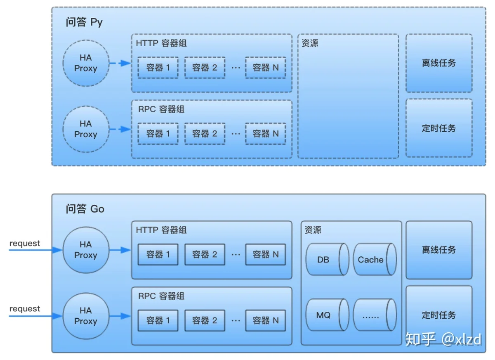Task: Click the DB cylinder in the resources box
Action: point(327,259)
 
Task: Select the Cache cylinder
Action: point(375,259)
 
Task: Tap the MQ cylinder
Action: point(327,315)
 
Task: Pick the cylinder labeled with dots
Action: point(375,315)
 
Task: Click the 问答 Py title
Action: point(84,22)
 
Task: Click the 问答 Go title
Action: point(85,209)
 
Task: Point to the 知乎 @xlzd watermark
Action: point(443,339)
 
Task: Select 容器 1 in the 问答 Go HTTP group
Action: point(158,255)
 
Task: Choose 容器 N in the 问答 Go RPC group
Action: point(266,320)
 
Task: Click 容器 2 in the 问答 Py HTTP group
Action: point(205,67)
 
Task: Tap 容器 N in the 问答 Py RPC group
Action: point(266,134)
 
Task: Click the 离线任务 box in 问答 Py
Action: point(439,63)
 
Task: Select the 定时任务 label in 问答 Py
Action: point(439,128)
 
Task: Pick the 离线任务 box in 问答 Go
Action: point(439,250)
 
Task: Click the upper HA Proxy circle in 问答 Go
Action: point(86,250)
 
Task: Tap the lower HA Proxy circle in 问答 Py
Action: point(86,129)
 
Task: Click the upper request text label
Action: point(25,243)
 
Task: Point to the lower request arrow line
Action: point(35,316)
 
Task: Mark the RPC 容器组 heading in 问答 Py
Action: point(161,109)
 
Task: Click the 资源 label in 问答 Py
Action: point(310,43)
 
